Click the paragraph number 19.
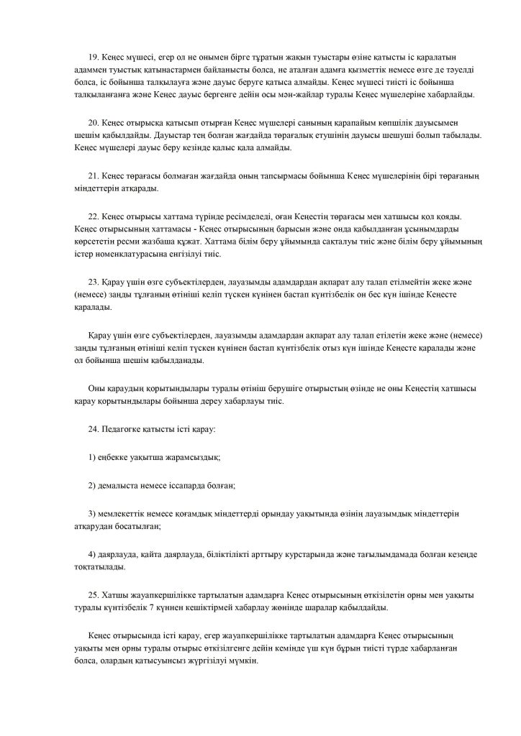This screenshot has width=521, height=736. pos(93,57)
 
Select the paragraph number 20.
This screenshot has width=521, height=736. pos(93,122)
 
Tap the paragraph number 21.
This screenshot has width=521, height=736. pos(93,176)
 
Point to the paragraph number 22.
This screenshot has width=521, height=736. pos(93,216)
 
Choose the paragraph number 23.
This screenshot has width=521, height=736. pos(93,281)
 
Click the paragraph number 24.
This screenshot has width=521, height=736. pos(93,428)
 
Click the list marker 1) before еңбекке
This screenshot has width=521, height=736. pos(91,457)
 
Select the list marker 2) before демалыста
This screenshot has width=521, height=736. pos(91,485)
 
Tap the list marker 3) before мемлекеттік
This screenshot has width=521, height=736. pos(91,513)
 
